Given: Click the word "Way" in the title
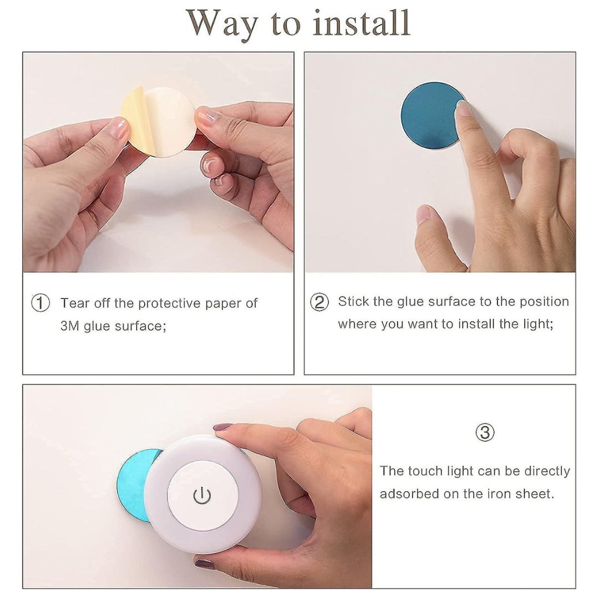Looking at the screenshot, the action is [222, 25].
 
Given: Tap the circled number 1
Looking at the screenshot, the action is [40, 303].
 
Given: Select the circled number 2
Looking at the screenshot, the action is [319, 302].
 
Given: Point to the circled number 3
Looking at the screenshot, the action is [485, 433].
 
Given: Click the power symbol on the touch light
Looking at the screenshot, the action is [202, 495].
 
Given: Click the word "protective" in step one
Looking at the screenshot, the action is [169, 303].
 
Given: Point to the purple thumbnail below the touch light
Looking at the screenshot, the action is [204, 563].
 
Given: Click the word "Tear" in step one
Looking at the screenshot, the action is [75, 303].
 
